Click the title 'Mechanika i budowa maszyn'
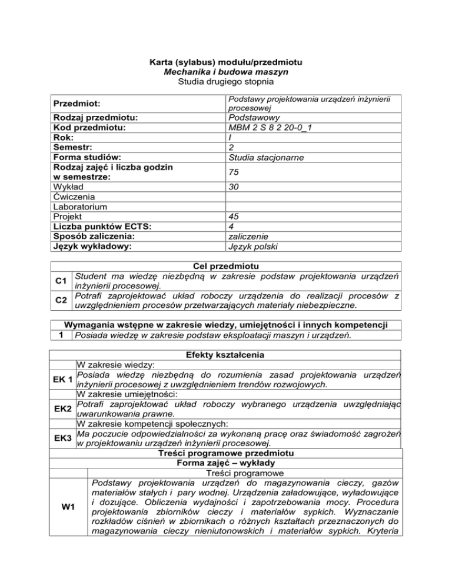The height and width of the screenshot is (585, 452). coord(226,71)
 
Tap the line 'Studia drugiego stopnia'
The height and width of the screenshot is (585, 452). coord(226,81)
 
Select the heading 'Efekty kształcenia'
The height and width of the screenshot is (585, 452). coord(226,355)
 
